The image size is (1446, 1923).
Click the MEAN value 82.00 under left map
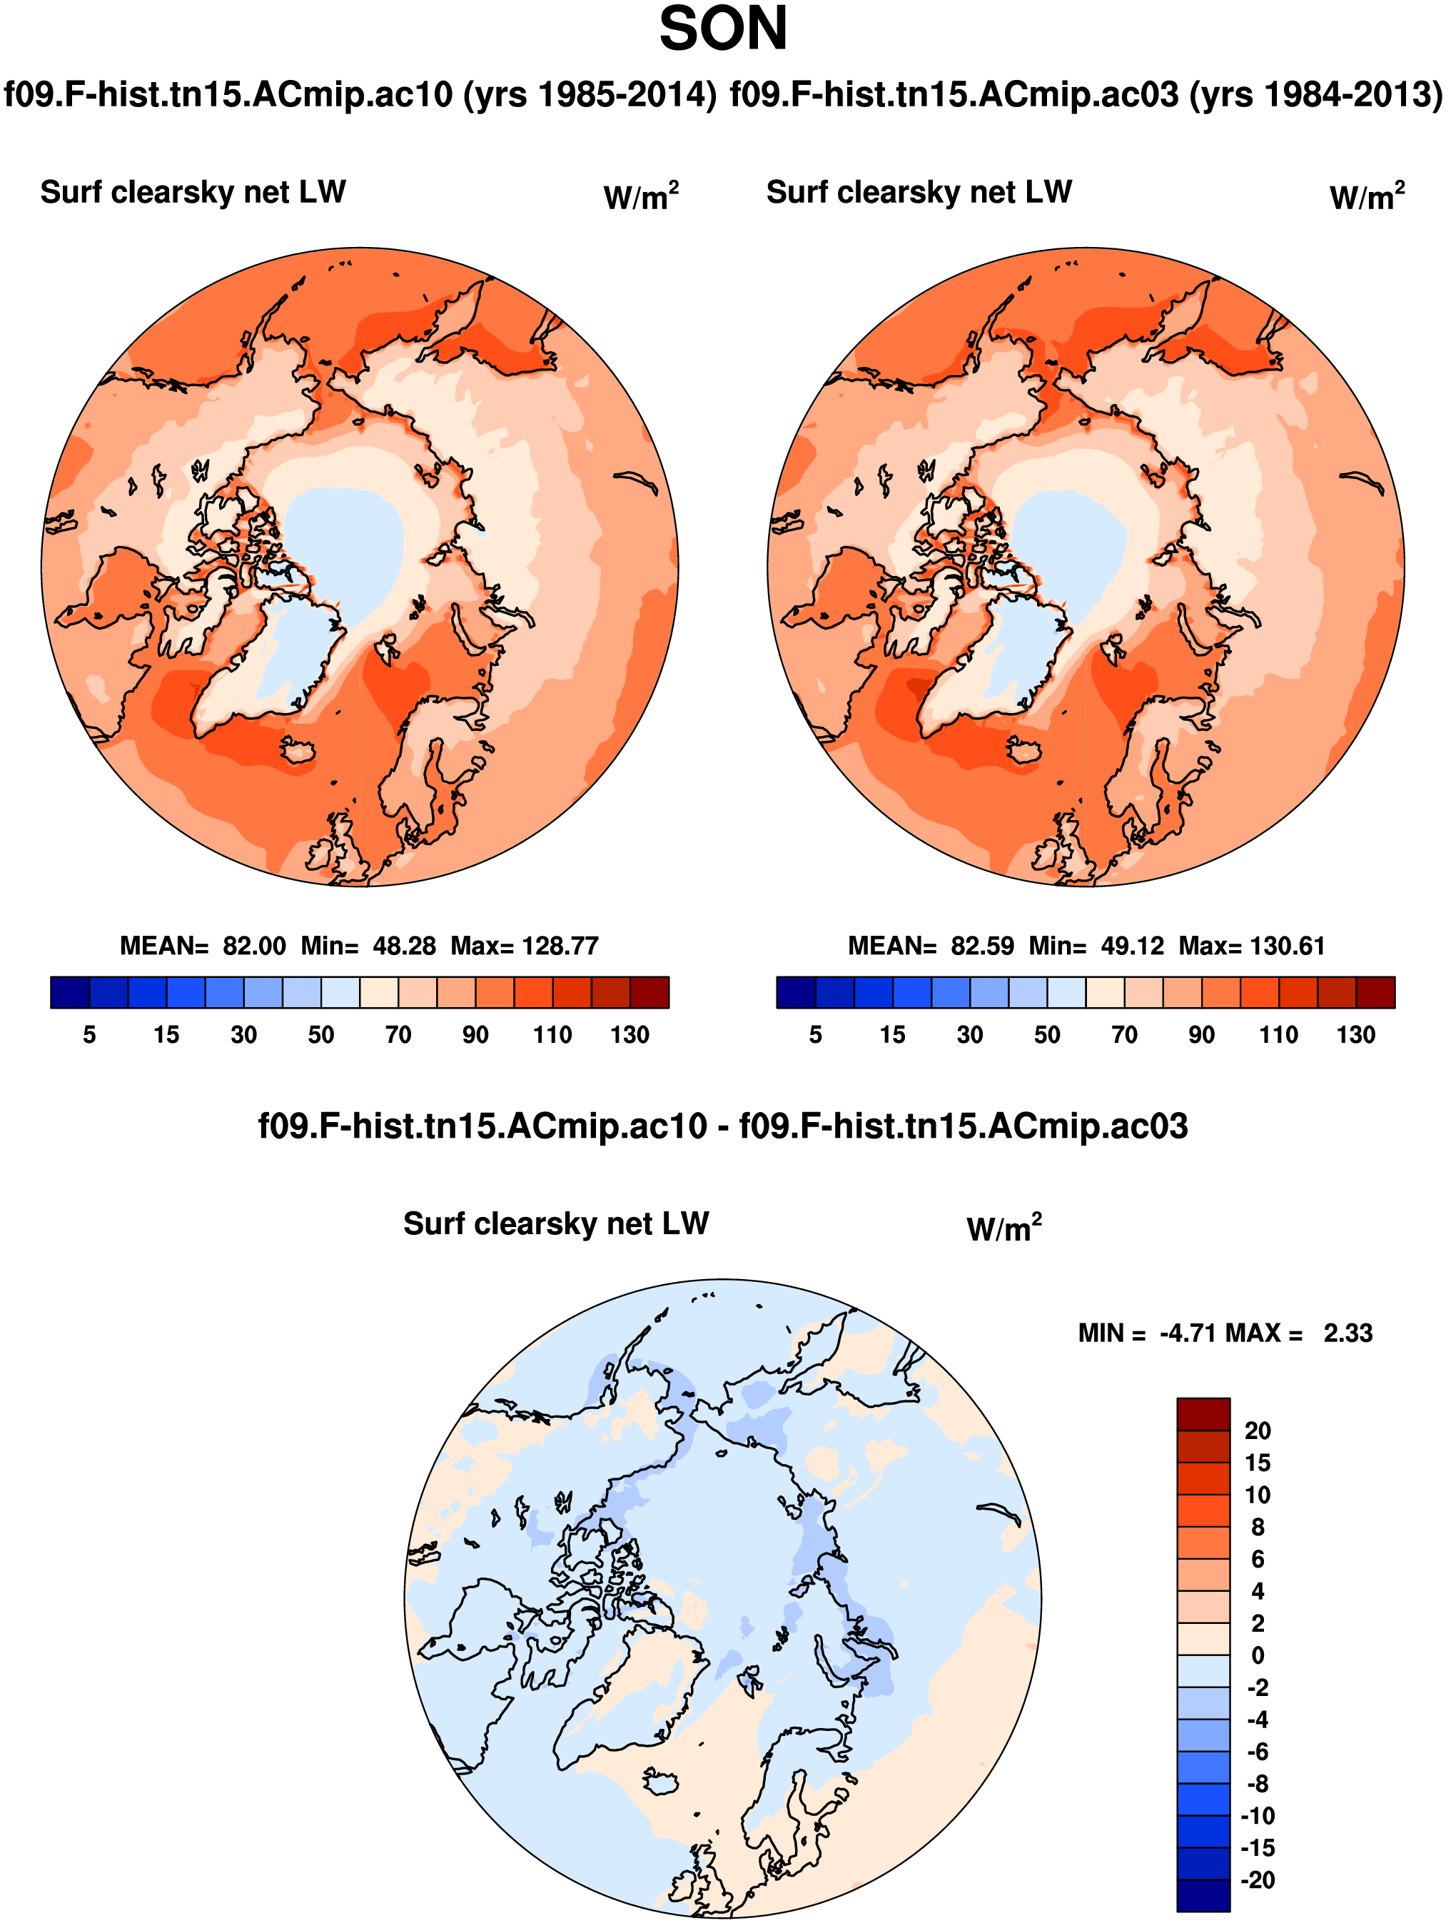coord(254,946)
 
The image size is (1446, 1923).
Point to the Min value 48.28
coord(404,946)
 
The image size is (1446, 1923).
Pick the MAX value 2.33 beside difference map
coord(1348,1333)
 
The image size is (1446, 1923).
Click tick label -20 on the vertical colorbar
coord(1257,1880)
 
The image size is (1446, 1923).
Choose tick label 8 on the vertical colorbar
coord(1257,1528)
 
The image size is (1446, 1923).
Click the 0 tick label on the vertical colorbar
coord(1257,1656)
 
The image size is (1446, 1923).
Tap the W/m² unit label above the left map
coord(640,196)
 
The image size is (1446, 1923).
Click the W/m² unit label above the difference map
coord(1003,1228)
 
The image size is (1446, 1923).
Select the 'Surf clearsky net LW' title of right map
coord(919,192)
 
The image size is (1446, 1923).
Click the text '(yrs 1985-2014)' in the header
coord(590,95)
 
